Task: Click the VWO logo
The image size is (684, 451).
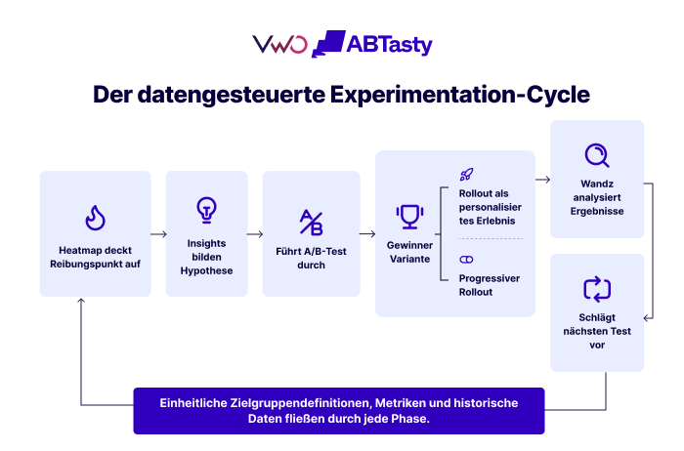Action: pyautogui.click(x=279, y=45)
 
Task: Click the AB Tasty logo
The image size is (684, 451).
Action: pyautogui.click(x=371, y=44)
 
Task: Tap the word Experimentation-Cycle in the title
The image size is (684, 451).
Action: pyautogui.click(x=460, y=95)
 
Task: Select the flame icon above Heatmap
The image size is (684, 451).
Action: pyautogui.click(x=95, y=218)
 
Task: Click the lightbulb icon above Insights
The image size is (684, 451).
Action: pyautogui.click(x=206, y=210)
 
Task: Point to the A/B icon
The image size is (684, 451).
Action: pyautogui.click(x=311, y=223)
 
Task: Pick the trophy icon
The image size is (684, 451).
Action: pyautogui.click(x=409, y=217)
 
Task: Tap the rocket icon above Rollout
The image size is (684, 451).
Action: pyautogui.click(x=466, y=175)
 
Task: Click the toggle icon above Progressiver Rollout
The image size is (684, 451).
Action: pyautogui.click(x=466, y=260)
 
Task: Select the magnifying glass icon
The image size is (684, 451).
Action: pyautogui.click(x=597, y=155)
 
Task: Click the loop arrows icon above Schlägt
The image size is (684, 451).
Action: pyautogui.click(x=597, y=289)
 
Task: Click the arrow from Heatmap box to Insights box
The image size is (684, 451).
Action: pyautogui.click(x=158, y=234)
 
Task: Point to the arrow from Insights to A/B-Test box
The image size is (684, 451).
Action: pyautogui.click(x=255, y=234)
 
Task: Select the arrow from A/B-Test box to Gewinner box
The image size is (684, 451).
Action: pyautogui.click(x=367, y=234)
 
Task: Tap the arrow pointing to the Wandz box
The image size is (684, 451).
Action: pyautogui.click(x=542, y=180)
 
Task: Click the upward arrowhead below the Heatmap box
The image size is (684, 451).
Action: pyautogui.click(x=81, y=301)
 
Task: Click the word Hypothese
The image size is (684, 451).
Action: pyautogui.click(x=206, y=271)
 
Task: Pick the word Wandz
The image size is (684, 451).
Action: pyautogui.click(x=597, y=184)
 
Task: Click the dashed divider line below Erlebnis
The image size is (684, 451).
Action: pyautogui.click(x=491, y=239)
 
